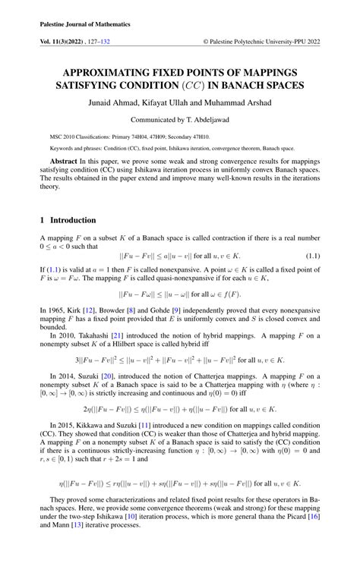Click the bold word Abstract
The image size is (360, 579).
tap(63, 162)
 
